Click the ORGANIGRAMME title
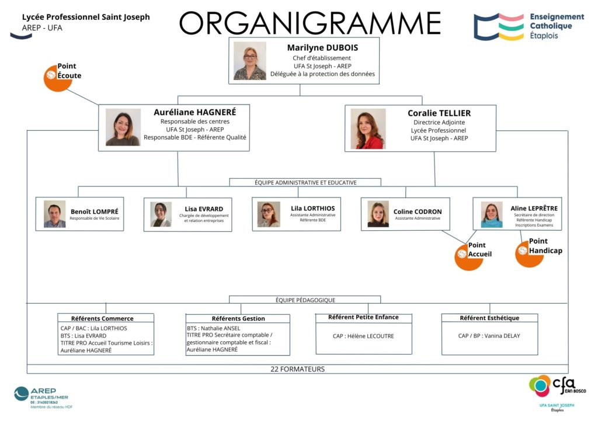pyautogui.click(x=310, y=23)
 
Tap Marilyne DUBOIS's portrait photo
pyautogui.click(x=250, y=61)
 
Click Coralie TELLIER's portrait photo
pyautogui.click(x=368, y=129)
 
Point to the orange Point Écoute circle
pyautogui.click(x=58, y=78)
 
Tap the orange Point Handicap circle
pyautogui.click(x=529, y=252)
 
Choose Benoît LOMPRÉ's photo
pyautogui.click(x=55, y=214)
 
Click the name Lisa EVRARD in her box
pyautogui.click(x=204, y=209)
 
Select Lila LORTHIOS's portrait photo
pyautogui.click(x=269, y=214)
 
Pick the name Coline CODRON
pyautogui.click(x=418, y=211)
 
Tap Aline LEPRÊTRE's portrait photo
pyautogui.click(x=491, y=214)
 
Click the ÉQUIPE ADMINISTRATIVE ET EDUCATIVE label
pyautogui.click(x=305, y=182)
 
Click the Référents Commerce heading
pyautogui.click(x=102, y=318)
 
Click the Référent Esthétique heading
pyautogui.click(x=489, y=318)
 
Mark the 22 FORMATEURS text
pyautogui.click(x=297, y=369)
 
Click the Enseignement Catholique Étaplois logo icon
pyautogui.click(x=498, y=27)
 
